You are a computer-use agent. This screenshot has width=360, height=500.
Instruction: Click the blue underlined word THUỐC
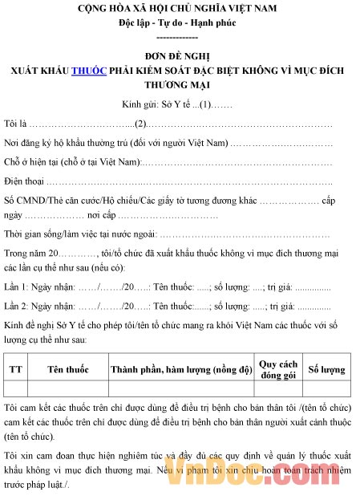pyautogui.click(x=88, y=71)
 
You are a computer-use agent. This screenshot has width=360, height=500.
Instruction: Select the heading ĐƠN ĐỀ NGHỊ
pyautogui.click(x=179, y=56)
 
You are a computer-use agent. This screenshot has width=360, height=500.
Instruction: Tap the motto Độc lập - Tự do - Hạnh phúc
pyautogui.click(x=179, y=23)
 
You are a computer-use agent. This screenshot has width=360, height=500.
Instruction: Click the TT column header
pyautogui.click(x=15, y=369)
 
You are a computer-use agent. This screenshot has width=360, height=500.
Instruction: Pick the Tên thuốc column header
pyautogui.click(x=67, y=369)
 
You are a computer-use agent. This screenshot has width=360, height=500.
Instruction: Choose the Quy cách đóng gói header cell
pyautogui.click(x=277, y=369)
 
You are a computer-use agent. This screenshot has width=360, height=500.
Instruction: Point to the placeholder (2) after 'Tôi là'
pyautogui.click(x=141, y=124)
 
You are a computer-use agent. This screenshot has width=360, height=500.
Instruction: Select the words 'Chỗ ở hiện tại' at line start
pyautogui.click(x=33, y=163)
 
